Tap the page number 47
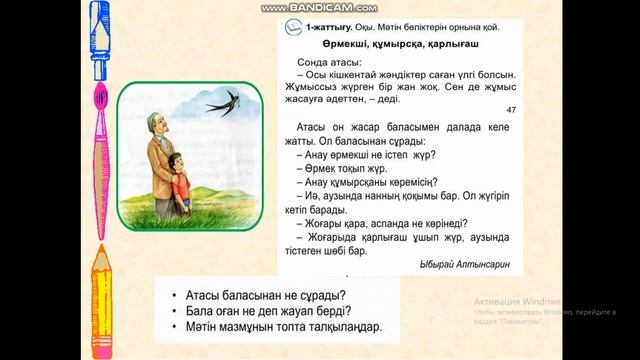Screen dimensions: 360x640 pos(511,110)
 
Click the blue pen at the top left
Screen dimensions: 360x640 pos(98,40)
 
